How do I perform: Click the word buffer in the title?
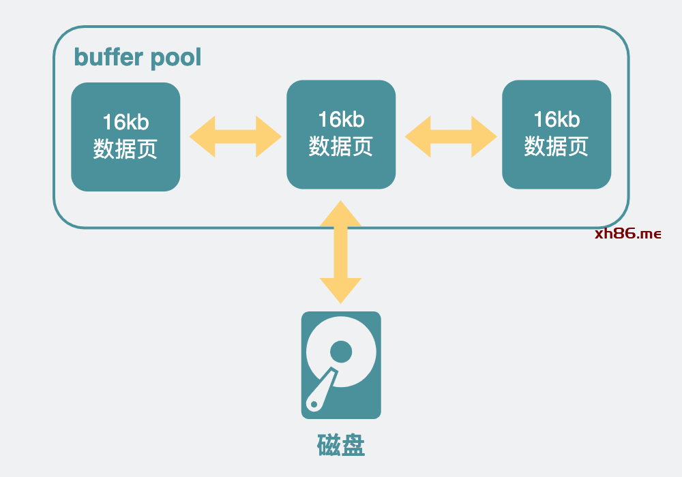[106, 57]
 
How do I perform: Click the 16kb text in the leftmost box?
[125, 123]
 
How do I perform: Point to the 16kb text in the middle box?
[341, 120]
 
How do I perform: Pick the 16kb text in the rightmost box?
[557, 120]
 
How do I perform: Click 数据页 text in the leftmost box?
[125, 148]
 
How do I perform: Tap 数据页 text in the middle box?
[341, 145]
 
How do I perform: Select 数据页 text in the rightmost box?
[557, 145]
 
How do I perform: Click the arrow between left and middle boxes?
[235, 136]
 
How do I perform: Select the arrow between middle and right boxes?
[451, 136]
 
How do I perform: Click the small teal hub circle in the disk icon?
[341, 352]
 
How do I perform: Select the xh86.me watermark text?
[627, 234]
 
